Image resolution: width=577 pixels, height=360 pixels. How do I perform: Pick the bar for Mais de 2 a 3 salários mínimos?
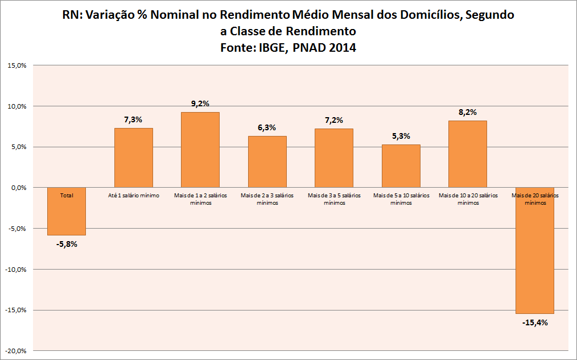(x=267, y=162)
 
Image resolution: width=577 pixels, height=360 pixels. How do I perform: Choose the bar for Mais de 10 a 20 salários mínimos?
(x=468, y=154)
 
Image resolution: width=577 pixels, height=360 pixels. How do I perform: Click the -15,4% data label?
(x=534, y=322)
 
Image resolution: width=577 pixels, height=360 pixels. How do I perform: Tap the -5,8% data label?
(x=67, y=244)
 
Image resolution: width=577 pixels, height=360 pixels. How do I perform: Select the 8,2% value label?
(x=468, y=112)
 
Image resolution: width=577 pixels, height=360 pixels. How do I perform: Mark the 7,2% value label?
(x=334, y=120)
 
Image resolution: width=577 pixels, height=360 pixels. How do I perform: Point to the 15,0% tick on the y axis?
(x=17, y=65)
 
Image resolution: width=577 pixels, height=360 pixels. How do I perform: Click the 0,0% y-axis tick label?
(x=18, y=188)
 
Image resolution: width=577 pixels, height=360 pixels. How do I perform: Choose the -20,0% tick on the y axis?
(x=16, y=351)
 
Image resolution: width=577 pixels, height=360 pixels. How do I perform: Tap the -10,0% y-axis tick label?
(x=16, y=270)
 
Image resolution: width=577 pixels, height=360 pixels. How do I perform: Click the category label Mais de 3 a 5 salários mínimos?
(x=334, y=199)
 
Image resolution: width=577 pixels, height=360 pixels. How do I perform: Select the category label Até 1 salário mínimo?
(x=134, y=196)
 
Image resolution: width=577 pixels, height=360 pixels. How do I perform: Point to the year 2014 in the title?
(x=341, y=48)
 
